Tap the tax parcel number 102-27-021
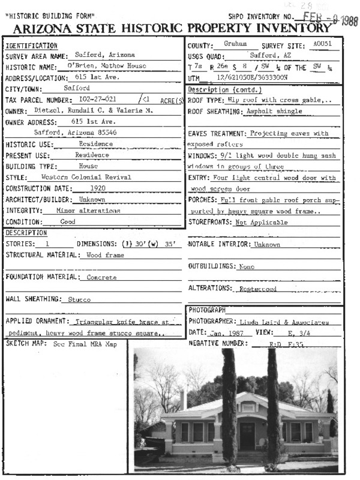click(x=98, y=99)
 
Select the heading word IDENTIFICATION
click(x=31, y=46)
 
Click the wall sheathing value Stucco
click(x=79, y=299)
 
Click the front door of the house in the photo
click(x=247, y=436)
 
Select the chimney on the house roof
click(x=183, y=400)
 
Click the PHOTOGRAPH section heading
click(x=207, y=310)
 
